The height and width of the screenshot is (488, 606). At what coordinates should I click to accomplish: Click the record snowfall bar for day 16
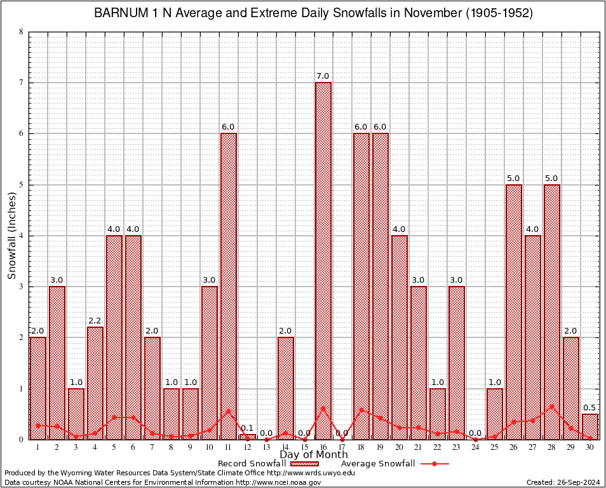[323, 261]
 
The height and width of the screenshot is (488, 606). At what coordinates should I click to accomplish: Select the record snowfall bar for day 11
[228, 286]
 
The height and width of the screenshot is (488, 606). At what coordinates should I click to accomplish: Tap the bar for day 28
[552, 311]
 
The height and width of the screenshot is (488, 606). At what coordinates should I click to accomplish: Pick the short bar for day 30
[590, 426]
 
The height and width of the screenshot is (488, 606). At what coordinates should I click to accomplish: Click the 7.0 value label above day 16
[323, 76]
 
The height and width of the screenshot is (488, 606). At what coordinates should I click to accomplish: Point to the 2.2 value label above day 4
[95, 321]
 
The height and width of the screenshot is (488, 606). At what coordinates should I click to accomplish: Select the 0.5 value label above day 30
[590, 408]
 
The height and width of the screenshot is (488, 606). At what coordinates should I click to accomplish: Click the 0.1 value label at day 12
[247, 428]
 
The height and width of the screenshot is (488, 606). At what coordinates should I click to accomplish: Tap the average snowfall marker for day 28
[552, 406]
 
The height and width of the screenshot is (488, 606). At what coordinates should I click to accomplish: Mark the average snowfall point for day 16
[323, 409]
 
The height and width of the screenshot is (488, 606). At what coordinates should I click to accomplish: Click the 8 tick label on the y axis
[21, 32]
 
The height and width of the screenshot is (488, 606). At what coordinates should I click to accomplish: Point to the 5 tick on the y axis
[21, 185]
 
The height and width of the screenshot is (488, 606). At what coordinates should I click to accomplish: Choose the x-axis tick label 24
[476, 447]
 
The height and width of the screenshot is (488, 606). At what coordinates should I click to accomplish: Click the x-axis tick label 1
[37, 447]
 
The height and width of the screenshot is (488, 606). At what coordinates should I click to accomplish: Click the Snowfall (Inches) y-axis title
[12, 236]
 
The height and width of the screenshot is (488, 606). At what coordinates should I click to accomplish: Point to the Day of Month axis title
[314, 454]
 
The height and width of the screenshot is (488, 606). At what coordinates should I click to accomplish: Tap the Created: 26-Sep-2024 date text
[563, 482]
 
